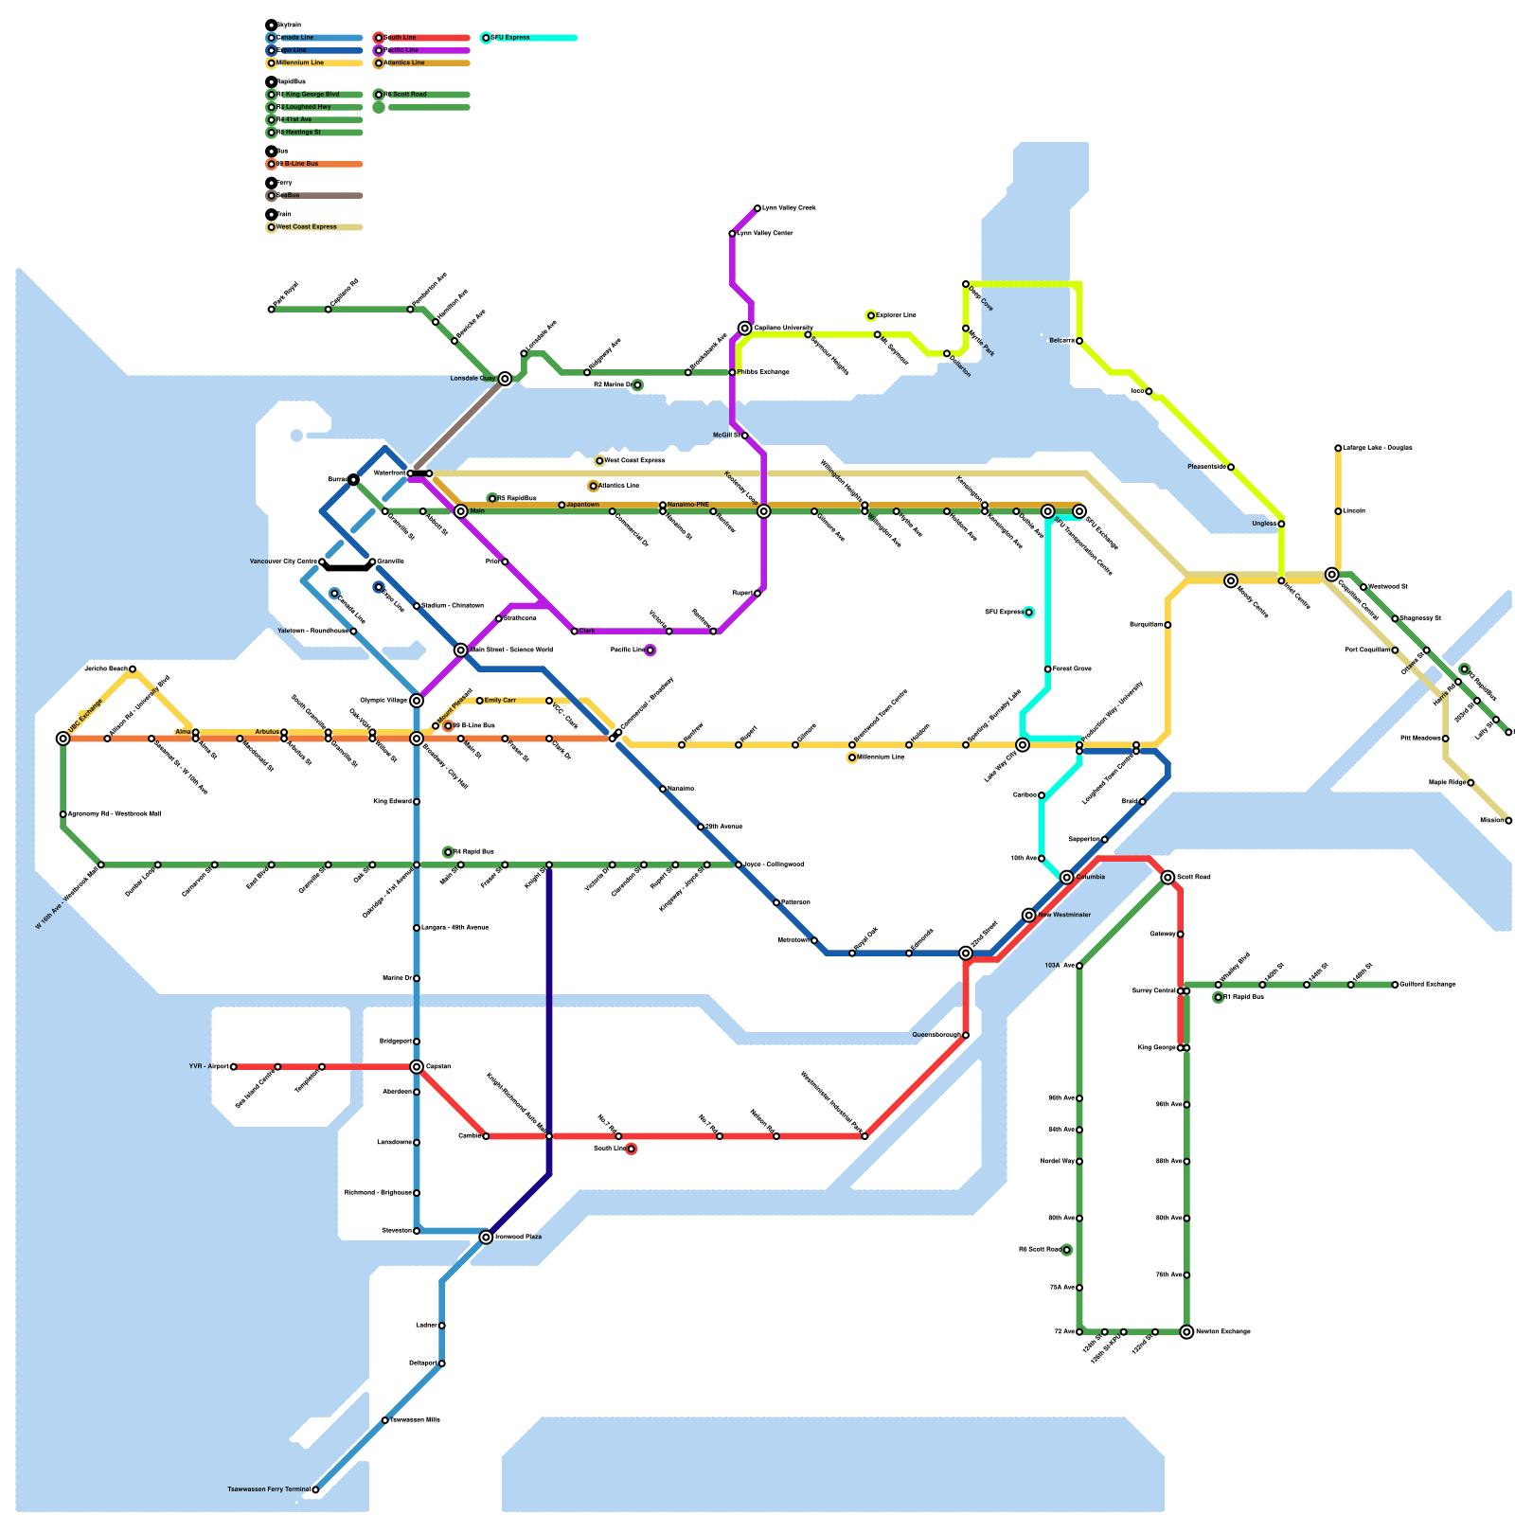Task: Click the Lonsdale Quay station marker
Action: [x=506, y=379]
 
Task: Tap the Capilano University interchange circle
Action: [x=745, y=329]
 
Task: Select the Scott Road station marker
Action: [x=1167, y=878]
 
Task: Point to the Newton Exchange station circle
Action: [x=1186, y=1332]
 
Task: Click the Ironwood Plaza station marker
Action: [x=486, y=1238]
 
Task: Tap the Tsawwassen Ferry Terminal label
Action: [x=268, y=1489]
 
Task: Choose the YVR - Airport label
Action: [x=208, y=1067]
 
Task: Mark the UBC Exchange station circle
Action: [x=63, y=739]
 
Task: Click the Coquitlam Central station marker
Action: [x=1332, y=575]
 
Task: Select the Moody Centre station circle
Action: [x=1231, y=581]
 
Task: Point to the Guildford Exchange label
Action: [x=1427, y=985]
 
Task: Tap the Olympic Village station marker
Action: [x=417, y=701]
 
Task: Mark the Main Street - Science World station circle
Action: [x=461, y=651]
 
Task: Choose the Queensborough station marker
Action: [x=965, y=1036]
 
